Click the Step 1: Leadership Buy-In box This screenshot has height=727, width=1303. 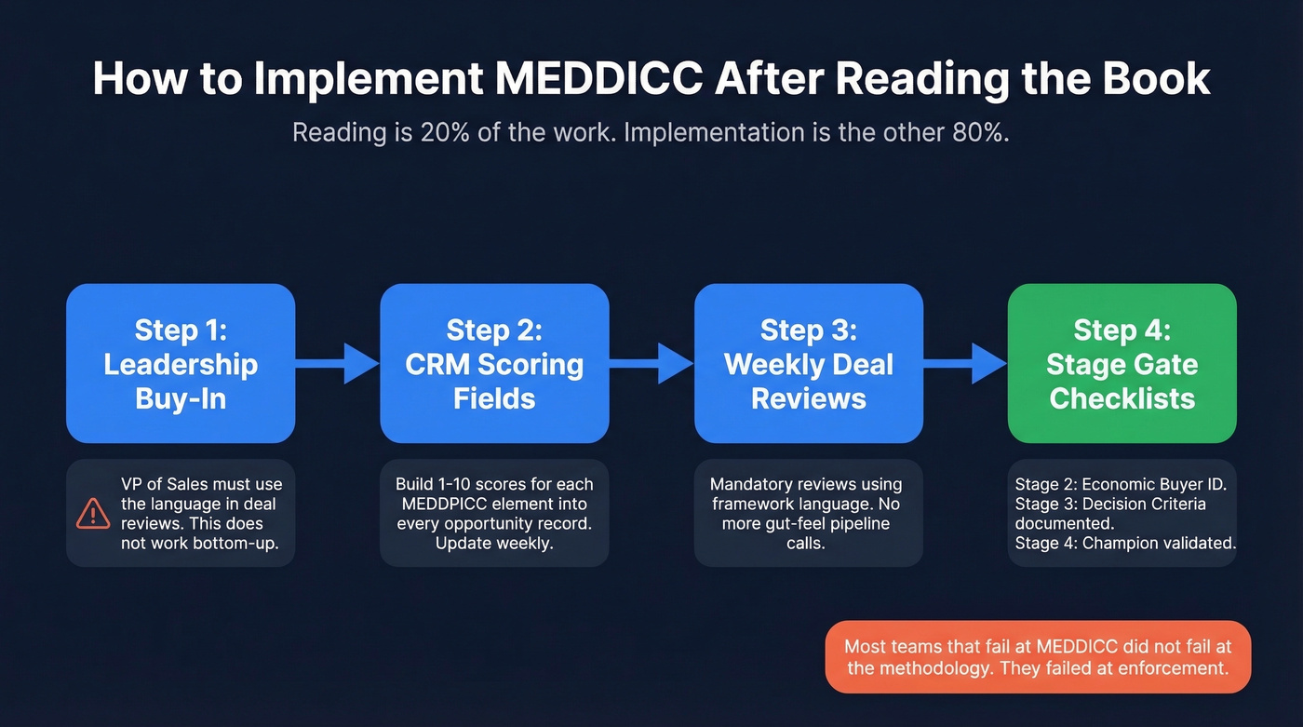click(181, 363)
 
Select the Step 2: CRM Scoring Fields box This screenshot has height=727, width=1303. click(494, 363)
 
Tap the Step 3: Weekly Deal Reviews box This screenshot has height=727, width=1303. click(808, 363)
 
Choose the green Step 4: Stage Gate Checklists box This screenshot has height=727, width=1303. click(1122, 363)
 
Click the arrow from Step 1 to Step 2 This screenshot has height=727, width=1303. click(338, 363)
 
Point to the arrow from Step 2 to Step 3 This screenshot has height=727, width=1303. click(651, 363)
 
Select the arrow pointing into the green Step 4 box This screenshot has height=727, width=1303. click(965, 363)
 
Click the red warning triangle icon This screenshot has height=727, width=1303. click(93, 513)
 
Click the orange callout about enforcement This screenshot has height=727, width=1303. click(1038, 656)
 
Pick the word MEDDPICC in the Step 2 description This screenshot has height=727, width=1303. click(443, 504)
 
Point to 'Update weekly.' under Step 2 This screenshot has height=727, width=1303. click(494, 543)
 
